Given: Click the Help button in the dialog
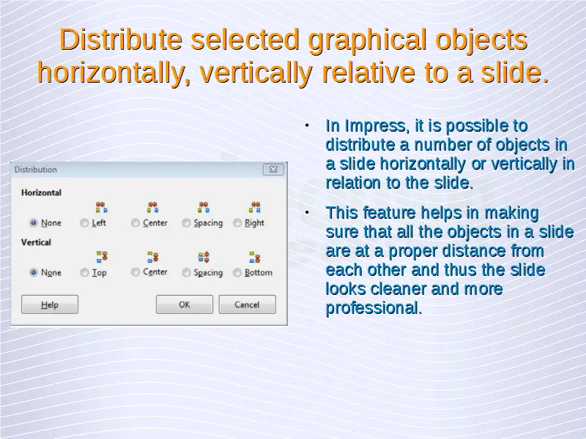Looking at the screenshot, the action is pos(50,304).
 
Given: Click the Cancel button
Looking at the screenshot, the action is pos(247,304).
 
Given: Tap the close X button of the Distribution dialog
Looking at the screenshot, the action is pos(273,170).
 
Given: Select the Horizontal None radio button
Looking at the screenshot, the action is pos(34,223).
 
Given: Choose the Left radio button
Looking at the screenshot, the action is pos(84,223).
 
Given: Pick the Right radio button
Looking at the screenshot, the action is pos(237,223).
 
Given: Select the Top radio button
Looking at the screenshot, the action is pos(84,272).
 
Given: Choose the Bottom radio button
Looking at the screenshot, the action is pos(237,272).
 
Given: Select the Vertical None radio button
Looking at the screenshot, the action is pos(34,272).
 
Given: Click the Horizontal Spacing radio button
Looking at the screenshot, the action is pos(186,223).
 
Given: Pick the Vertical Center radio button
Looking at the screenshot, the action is pos(136,272).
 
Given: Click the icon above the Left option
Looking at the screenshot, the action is pos(102,207).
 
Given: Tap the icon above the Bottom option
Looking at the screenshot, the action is pos(254,257).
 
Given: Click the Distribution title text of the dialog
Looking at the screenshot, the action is pos(35,170).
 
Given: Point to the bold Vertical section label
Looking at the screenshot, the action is pos(36,242).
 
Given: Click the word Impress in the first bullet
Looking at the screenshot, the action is pos(375,126).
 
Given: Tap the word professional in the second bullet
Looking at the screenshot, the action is pos(374,308).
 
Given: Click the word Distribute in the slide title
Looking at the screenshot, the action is pos(121,40).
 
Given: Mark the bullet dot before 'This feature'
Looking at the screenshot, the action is pos(307,212).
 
